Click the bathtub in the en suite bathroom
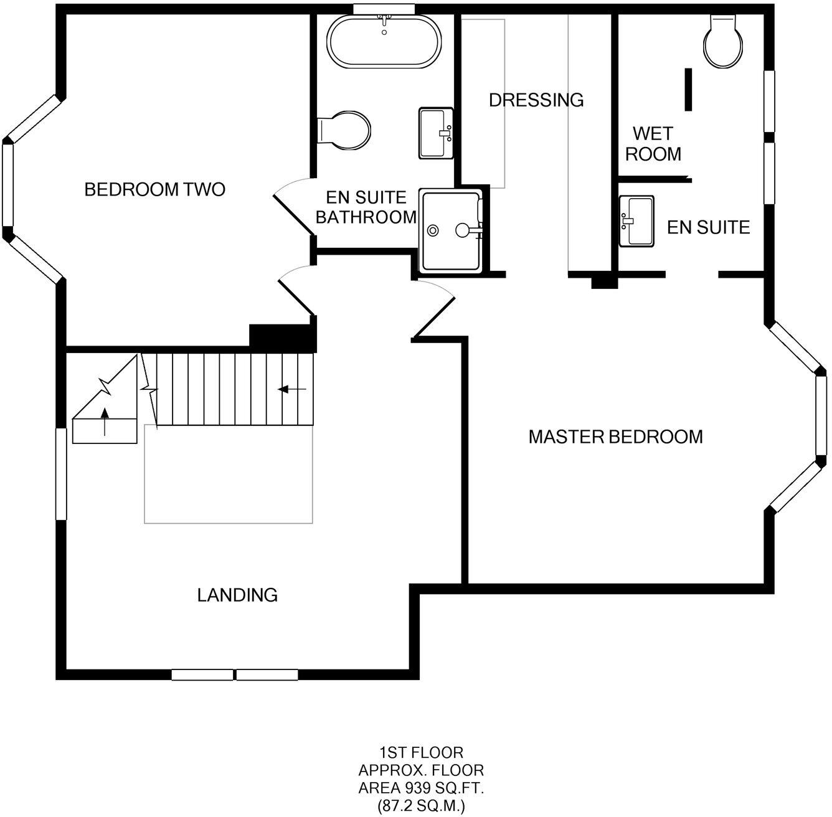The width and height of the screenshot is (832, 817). pyautogui.click(x=384, y=41)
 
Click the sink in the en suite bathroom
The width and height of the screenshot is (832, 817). pyautogui.click(x=436, y=133)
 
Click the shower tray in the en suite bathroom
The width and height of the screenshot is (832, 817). pyautogui.click(x=451, y=230)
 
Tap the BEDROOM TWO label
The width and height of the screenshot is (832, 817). pyautogui.click(x=154, y=189)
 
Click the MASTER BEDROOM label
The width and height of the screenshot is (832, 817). pyautogui.click(x=615, y=437)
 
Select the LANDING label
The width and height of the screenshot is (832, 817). pyautogui.click(x=237, y=595)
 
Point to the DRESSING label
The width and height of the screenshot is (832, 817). pyautogui.click(x=536, y=100)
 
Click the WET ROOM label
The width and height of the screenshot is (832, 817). pyautogui.click(x=653, y=144)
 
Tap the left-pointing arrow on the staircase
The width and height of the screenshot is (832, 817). pyautogui.click(x=291, y=390)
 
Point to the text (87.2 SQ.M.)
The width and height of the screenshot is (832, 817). pyautogui.click(x=421, y=806)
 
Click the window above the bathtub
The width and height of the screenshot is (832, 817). pyautogui.click(x=384, y=8)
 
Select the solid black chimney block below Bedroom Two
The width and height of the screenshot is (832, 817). pyautogui.click(x=283, y=338)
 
